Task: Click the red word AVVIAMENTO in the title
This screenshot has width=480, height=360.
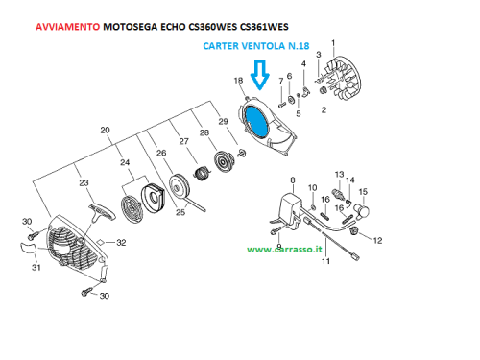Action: click(67, 27)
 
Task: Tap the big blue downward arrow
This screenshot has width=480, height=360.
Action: click(260, 74)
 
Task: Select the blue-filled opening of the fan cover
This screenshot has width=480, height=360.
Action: click(256, 121)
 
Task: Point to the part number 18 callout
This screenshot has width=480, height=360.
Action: click(238, 81)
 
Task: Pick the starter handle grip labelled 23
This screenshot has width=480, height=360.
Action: click(102, 212)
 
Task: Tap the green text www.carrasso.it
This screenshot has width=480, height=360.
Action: click(284, 250)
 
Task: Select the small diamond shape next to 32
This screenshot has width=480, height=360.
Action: click(101, 242)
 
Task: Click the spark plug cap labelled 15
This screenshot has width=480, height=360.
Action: click(361, 210)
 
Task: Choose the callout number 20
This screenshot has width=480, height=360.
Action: click(105, 131)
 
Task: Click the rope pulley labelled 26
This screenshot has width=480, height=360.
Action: click(180, 187)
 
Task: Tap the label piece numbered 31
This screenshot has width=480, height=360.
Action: click(28, 248)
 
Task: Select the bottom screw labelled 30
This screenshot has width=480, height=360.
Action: click(86, 292)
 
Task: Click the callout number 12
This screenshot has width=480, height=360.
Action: click(377, 241)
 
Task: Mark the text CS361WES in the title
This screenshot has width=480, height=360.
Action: click(264, 27)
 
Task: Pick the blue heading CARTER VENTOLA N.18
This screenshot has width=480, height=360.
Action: click(256, 46)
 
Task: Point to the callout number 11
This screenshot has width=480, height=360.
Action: click(325, 261)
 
